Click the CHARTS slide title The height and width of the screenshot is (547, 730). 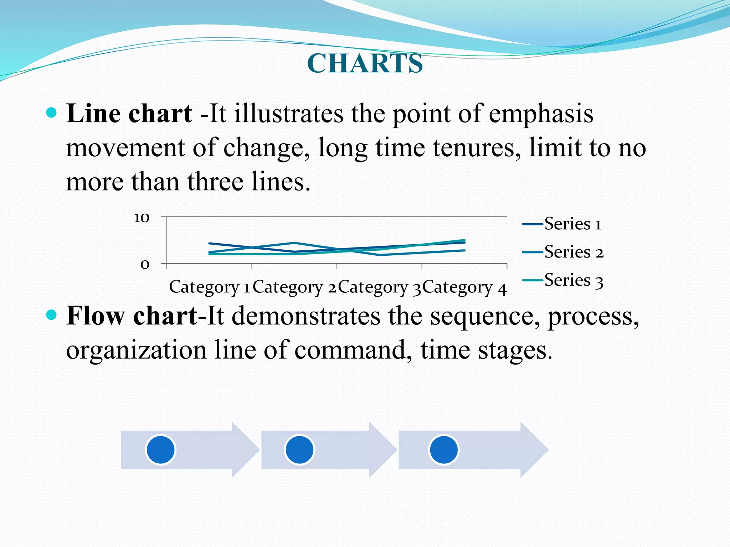(x=365, y=63)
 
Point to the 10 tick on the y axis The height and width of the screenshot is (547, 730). (x=142, y=218)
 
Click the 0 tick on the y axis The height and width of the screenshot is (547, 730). (x=145, y=264)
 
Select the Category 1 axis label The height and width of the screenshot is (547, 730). (x=209, y=287)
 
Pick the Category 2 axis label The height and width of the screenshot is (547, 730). (x=294, y=287)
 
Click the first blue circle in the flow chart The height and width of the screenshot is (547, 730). (x=161, y=450)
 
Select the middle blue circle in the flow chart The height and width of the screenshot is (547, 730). (x=299, y=450)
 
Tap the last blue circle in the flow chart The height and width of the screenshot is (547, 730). (x=443, y=450)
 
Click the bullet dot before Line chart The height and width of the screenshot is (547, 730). (x=52, y=113)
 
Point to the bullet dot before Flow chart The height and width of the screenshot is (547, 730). (x=52, y=315)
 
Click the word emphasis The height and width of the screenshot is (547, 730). (x=541, y=114)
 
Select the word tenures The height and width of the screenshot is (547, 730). (x=477, y=147)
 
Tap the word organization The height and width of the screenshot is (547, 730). (x=137, y=350)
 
